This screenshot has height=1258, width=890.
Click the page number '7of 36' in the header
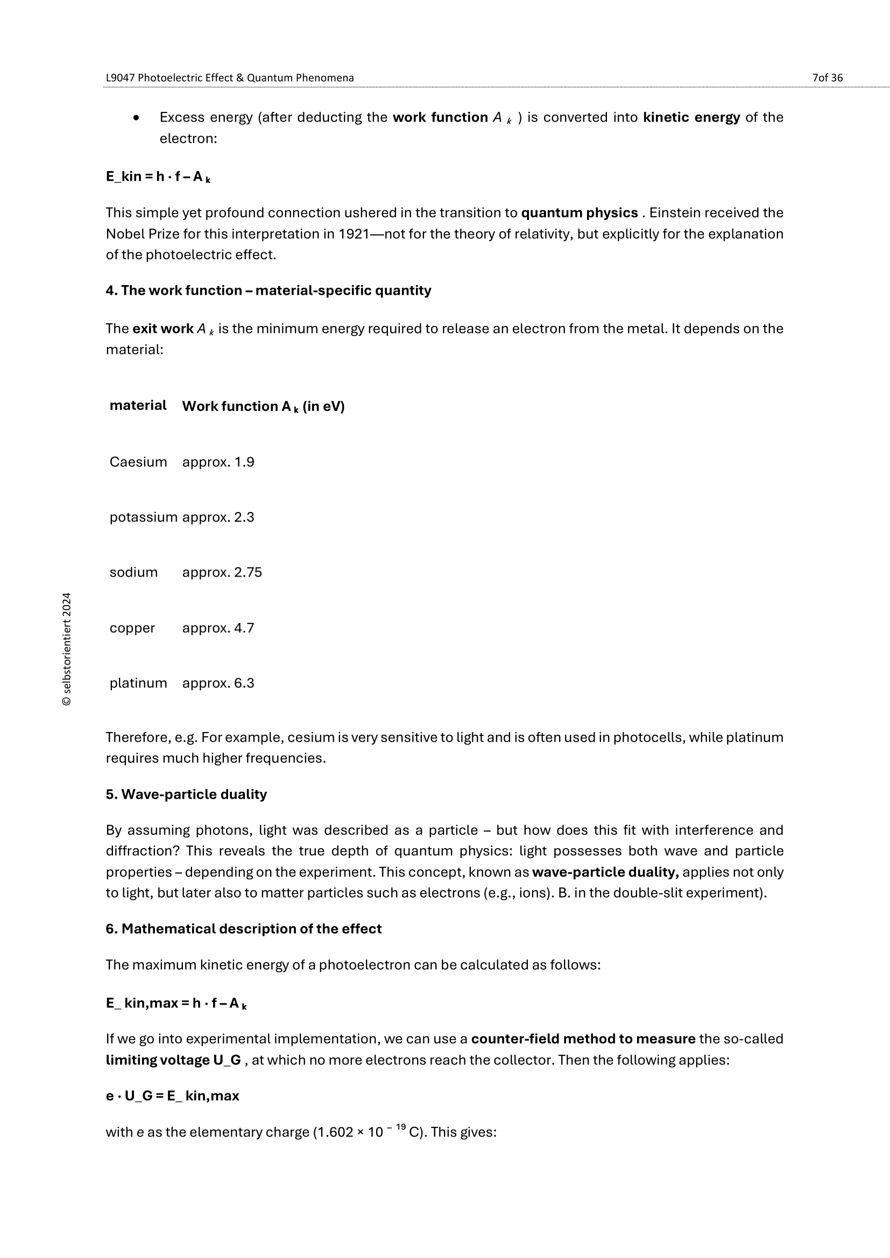(x=827, y=78)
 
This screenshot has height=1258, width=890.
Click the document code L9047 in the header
(x=120, y=78)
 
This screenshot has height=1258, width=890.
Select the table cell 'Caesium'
(x=138, y=462)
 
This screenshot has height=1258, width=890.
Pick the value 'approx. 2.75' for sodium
(x=222, y=572)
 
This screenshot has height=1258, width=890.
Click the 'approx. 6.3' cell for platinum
(x=218, y=683)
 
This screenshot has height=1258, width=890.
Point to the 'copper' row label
(x=132, y=627)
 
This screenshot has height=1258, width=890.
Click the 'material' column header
(x=138, y=406)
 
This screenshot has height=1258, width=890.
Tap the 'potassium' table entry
(x=143, y=517)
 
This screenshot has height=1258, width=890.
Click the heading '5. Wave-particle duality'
(x=186, y=794)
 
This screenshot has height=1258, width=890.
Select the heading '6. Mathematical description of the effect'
(x=243, y=929)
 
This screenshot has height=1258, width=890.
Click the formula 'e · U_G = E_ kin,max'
(x=172, y=1096)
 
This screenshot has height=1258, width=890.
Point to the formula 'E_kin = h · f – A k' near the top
(x=158, y=177)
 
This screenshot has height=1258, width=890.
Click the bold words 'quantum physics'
(x=580, y=212)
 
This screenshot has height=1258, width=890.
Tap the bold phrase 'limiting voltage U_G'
(x=173, y=1060)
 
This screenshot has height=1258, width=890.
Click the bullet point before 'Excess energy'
(x=137, y=118)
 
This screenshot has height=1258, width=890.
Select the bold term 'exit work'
(x=163, y=329)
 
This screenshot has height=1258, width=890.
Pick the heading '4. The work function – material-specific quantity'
(x=268, y=290)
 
